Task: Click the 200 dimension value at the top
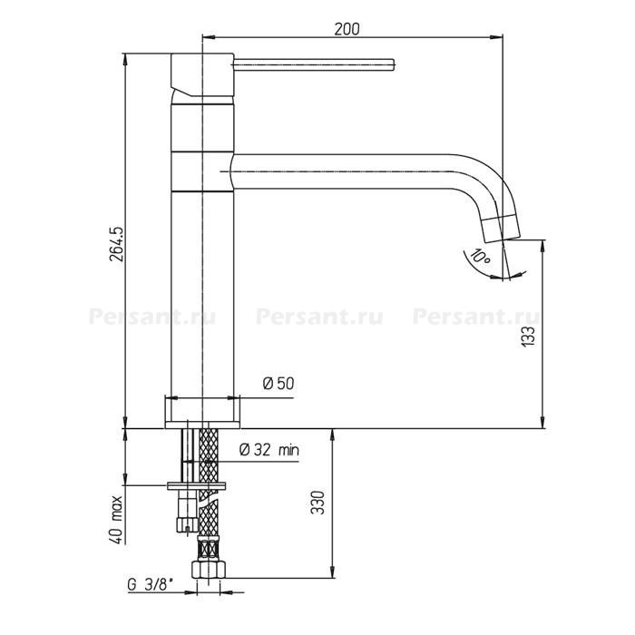[x=347, y=29]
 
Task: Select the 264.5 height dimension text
[x=117, y=244]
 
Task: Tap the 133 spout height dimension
[x=528, y=337]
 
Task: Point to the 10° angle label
[x=480, y=257]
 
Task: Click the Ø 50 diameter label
[x=278, y=383]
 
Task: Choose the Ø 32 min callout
[x=269, y=450]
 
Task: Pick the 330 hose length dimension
[x=317, y=503]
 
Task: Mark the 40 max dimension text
[x=116, y=520]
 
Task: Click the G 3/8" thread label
[x=151, y=584]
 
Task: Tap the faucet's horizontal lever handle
[x=314, y=64]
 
